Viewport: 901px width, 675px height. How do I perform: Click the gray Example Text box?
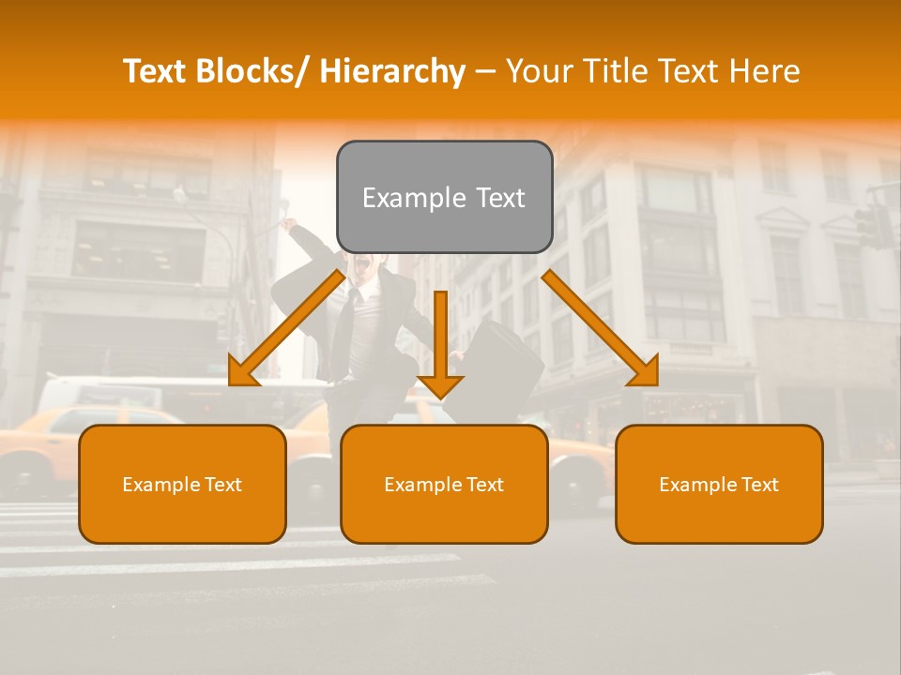click(x=444, y=197)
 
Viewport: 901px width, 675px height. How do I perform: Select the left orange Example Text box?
click(x=182, y=484)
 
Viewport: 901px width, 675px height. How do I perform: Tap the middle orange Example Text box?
click(x=444, y=484)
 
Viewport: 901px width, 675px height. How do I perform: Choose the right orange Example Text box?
click(x=719, y=484)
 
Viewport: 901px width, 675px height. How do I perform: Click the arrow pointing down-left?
click(x=286, y=328)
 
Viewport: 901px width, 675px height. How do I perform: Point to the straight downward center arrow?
click(x=441, y=342)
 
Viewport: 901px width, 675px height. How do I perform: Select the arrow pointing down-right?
click(x=601, y=328)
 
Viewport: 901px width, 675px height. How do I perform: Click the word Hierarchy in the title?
click(x=392, y=71)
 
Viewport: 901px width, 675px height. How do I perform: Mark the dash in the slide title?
click(x=485, y=71)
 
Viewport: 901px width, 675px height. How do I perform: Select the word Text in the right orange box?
click(x=758, y=485)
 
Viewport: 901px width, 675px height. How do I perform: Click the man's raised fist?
click(x=289, y=225)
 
